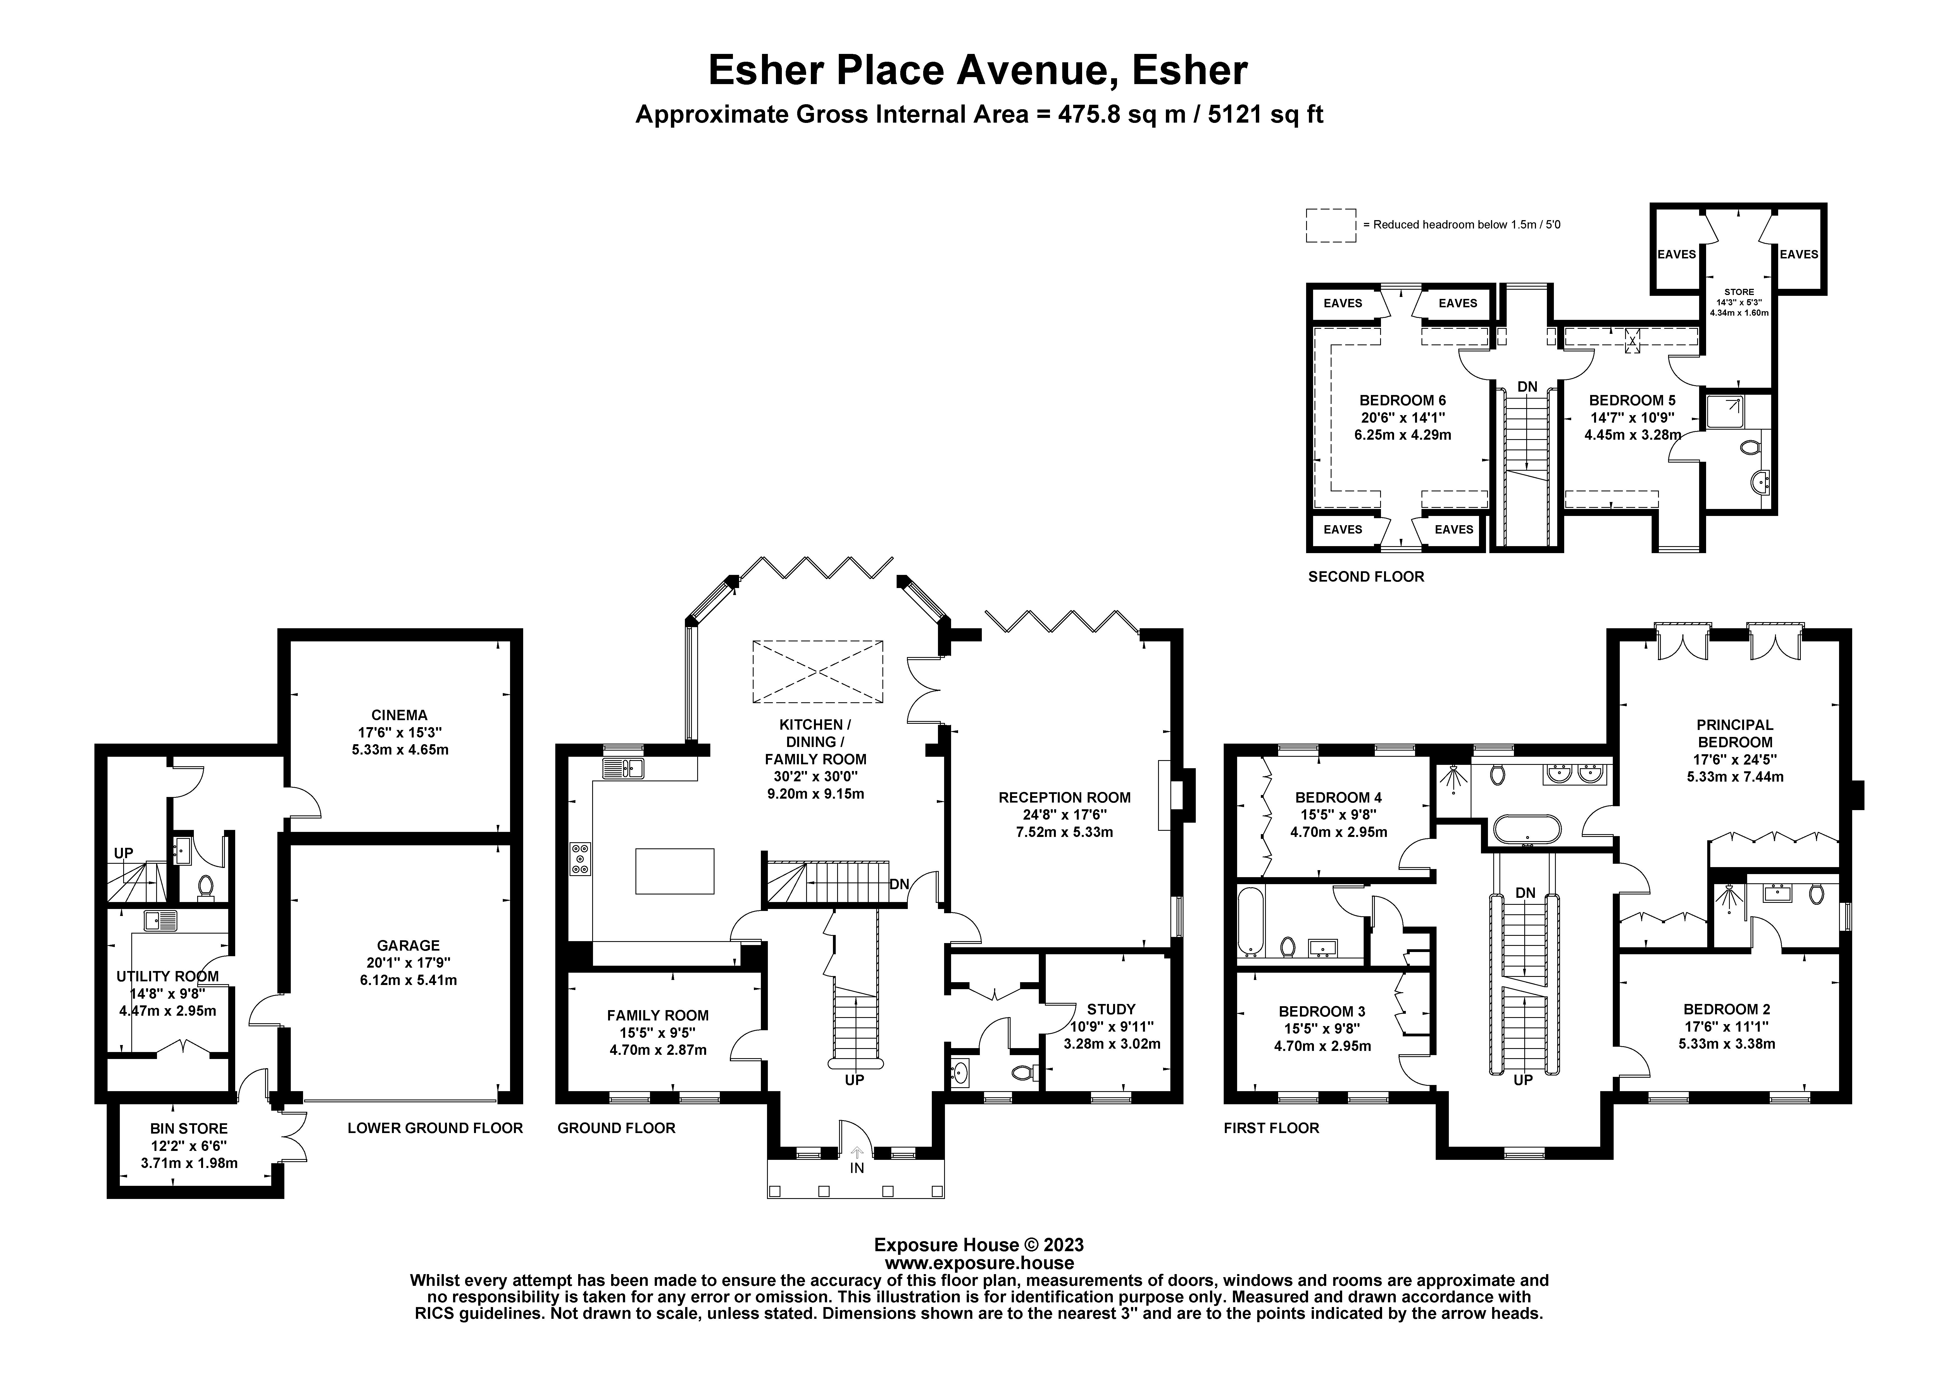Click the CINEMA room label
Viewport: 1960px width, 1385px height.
399,715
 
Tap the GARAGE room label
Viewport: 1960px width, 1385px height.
408,945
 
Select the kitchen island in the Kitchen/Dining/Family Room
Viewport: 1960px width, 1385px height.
674,871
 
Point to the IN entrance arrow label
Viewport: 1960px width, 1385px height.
857,1167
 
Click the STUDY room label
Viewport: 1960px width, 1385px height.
1111,1008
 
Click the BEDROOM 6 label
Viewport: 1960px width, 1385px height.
1402,400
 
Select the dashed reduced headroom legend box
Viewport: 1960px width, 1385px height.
1331,225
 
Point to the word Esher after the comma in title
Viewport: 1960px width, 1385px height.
1190,70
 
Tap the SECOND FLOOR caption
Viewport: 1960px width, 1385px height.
1366,576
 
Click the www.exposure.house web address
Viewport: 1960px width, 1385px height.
979,1263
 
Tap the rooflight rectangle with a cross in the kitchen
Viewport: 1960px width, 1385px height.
817,672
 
